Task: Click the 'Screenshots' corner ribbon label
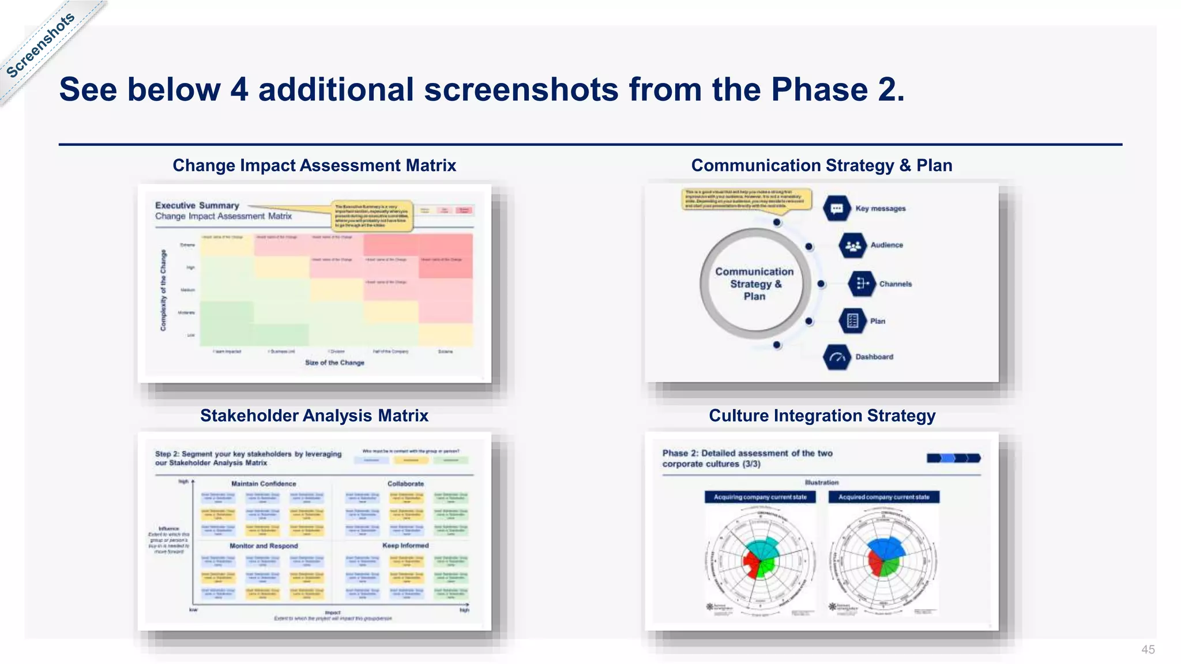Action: click(40, 45)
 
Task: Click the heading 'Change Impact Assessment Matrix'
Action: click(314, 165)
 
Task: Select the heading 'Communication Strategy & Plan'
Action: click(821, 165)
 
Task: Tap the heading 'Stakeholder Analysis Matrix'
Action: click(314, 416)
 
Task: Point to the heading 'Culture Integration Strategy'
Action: click(822, 416)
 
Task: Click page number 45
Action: click(1148, 650)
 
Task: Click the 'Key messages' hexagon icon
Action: click(837, 209)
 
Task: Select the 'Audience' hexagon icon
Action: click(852, 246)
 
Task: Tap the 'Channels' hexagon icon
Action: click(862, 284)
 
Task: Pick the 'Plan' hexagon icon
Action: click(852, 321)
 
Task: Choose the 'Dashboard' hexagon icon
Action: click(837, 357)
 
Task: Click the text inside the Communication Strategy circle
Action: click(754, 284)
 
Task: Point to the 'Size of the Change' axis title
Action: click(334, 363)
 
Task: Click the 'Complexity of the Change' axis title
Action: click(163, 290)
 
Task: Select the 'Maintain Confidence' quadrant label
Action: click(264, 484)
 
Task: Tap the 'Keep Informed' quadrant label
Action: click(405, 545)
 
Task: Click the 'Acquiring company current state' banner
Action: click(760, 497)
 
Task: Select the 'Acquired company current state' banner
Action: click(883, 497)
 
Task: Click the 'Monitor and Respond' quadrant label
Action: click(264, 546)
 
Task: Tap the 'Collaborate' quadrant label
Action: click(405, 484)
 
